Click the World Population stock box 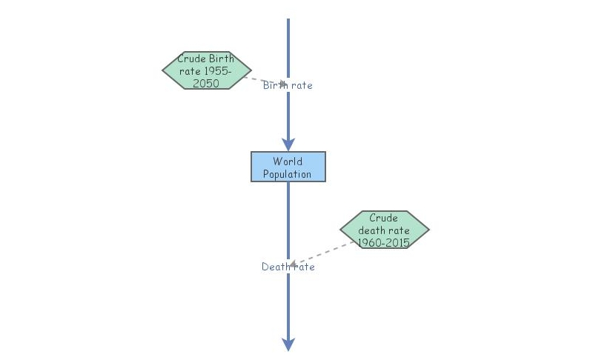pos(288,167)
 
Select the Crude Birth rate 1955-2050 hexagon pos(207,70)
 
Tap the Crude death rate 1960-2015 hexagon pos(385,230)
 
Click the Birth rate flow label pos(288,85)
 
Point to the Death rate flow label pos(288,267)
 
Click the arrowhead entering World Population pos(288,144)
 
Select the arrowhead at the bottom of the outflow pos(288,344)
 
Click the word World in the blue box pos(288,161)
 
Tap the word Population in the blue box pos(287,174)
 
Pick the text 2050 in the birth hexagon pos(206,84)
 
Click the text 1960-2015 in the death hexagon pos(384,242)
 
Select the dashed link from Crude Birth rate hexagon pos(265,81)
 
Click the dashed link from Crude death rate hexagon pos(322,253)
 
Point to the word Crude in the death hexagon pos(383,218)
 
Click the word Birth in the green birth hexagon pos(222,59)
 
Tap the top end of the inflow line pos(288,19)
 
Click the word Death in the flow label pos(276,267)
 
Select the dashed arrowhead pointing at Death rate pos(293,264)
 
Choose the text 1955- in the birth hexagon pos(217,71)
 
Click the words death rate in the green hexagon pos(384,230)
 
